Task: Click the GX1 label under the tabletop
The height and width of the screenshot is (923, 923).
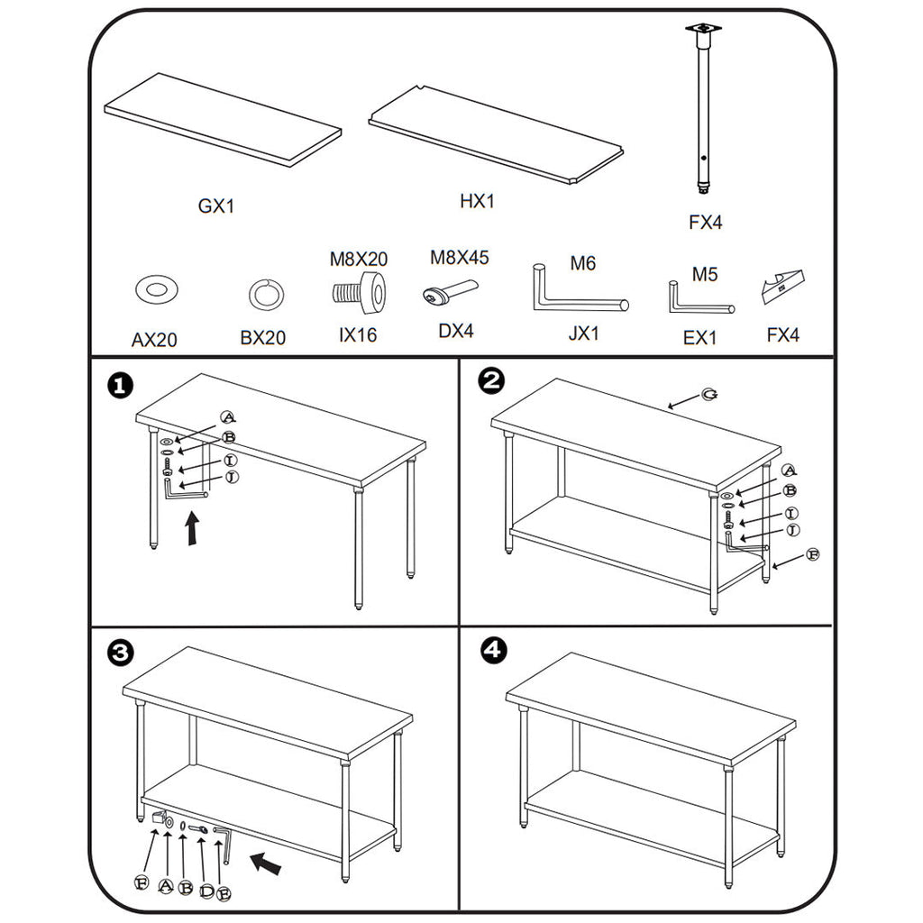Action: (216, 206)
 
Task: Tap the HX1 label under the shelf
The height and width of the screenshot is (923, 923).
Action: (478, 202)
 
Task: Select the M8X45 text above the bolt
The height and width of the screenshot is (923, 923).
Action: (459, 258)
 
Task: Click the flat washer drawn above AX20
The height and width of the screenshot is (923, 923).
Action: (156, 289)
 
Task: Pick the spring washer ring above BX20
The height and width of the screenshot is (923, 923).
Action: (266, 293)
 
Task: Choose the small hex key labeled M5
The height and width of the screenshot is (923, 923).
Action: (698, 299)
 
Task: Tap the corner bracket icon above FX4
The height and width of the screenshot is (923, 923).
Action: (782, 286)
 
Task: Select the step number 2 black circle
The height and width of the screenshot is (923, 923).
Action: (491, 382)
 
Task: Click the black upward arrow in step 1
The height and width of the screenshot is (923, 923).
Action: (191, 530)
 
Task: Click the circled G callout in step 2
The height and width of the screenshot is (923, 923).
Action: (710, 396)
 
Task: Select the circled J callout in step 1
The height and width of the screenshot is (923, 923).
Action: (232, 476)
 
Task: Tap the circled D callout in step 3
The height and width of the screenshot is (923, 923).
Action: (206, 891)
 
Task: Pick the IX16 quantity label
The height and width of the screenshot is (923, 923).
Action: (358, 335)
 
